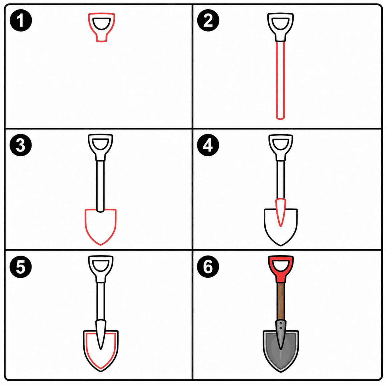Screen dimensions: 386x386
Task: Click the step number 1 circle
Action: point(21,20)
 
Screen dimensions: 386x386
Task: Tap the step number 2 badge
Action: point(208,20)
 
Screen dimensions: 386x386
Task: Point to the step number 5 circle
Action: point(21,267)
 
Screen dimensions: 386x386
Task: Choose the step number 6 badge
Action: point(208,267)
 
